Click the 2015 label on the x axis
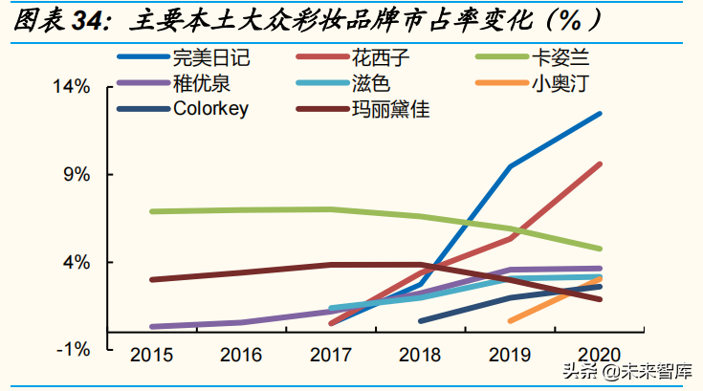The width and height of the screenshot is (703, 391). click(151, 356)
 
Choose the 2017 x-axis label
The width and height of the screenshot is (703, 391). click(330, 356)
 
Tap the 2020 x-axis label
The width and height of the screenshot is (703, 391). click(600, 356)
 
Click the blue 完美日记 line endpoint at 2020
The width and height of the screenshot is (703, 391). click(600, 114)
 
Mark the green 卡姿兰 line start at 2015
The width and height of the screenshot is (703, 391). click(152, 211)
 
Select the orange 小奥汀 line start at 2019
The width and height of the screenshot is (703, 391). click(511, 320)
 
